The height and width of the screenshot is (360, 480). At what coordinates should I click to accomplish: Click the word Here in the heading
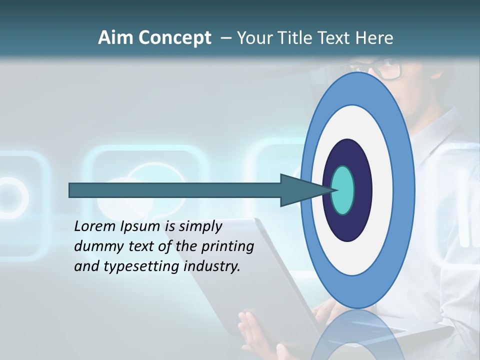(374, 38)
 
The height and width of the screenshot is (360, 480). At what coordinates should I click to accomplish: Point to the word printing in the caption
(227, 246)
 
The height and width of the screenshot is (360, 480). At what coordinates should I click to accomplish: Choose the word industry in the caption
(212, 266)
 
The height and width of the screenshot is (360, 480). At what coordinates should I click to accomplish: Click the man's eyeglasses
(385, 69)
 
